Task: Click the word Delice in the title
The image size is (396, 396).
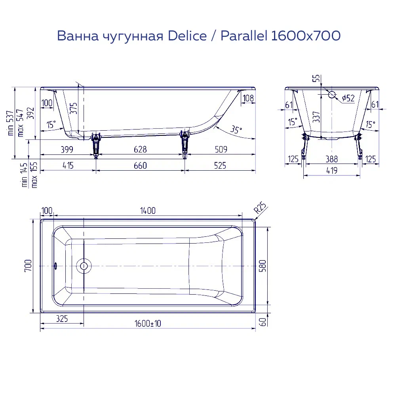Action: (x=187, y=36)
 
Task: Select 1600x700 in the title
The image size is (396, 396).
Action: (x=305, y=36)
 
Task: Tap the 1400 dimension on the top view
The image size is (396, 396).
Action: (x=147, y=210)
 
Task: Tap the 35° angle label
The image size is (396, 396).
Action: (x=236, y=129)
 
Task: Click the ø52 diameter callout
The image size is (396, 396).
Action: (x=348, y=98)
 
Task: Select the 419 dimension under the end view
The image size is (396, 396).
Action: (x=331, y=171)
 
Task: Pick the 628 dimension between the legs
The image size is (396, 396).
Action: (x=140, y=149)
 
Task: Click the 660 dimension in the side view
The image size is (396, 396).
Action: (x=140, y=166)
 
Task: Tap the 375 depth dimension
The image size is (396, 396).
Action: (x=74, y=108)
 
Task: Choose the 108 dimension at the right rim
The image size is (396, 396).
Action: (x=248, y=98)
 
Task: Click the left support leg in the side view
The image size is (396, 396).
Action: (x=95, y=145)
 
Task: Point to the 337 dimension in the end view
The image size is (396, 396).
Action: (x=316, y=117)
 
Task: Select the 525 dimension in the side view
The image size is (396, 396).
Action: (x=220, y=166)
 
